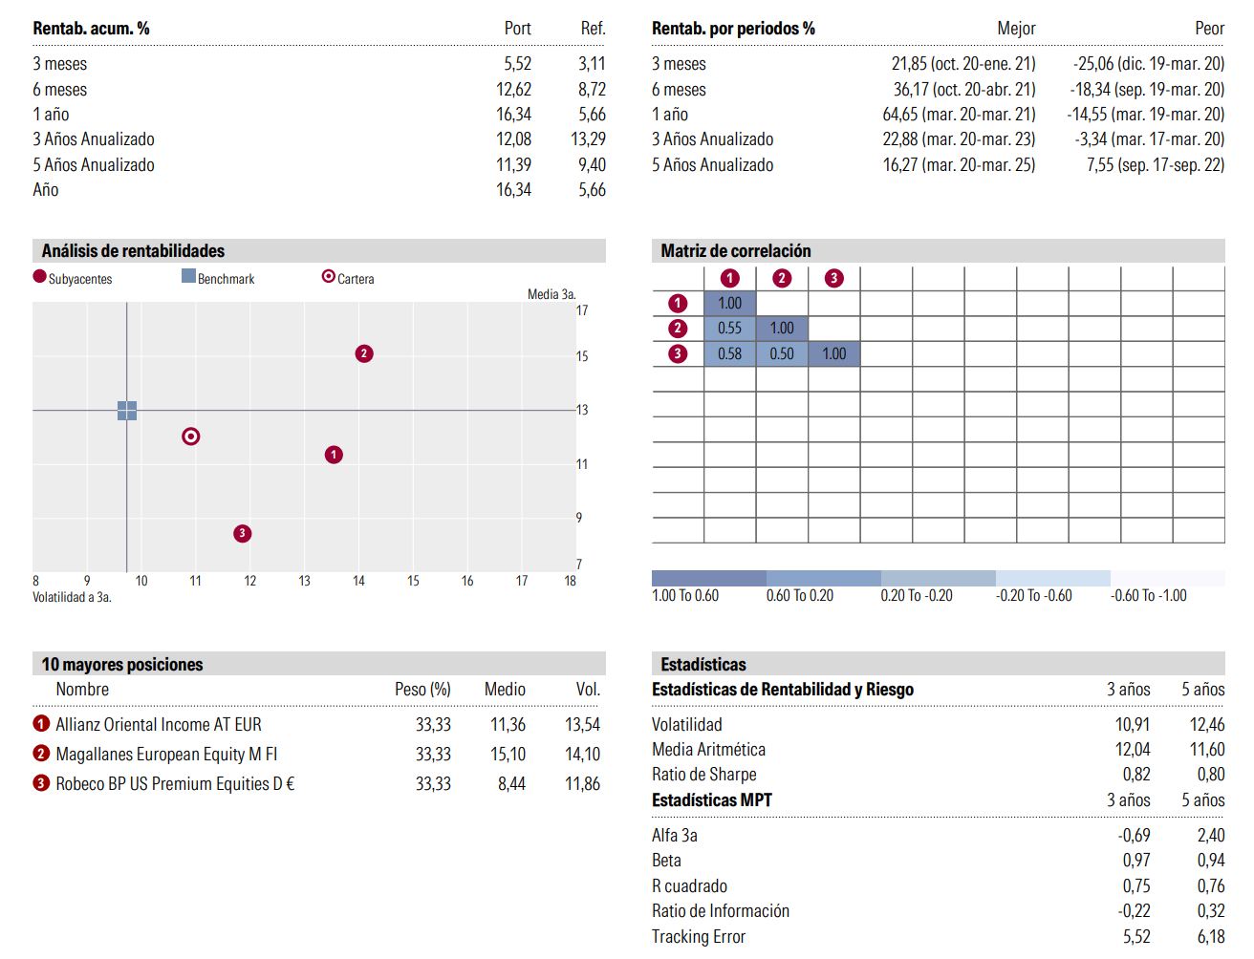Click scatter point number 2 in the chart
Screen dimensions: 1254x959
364,354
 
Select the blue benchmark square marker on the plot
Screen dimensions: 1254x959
127,411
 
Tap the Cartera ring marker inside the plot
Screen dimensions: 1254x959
191,437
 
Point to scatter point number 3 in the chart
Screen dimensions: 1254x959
242,533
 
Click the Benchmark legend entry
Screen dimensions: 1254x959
218,277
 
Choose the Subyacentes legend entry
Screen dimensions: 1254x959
73,277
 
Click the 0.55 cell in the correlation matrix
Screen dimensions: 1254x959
729,329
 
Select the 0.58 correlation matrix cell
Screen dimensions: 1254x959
729,354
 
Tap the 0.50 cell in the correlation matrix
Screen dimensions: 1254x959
782,354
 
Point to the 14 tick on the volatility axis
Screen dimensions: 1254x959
358,581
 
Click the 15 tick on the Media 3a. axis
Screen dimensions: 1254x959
581,356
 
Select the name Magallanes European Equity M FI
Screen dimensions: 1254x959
166,754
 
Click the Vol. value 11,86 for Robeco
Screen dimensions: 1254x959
582,784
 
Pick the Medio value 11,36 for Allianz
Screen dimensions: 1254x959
508,724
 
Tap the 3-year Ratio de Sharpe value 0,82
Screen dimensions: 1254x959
1136,774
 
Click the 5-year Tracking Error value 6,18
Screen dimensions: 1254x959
1211,936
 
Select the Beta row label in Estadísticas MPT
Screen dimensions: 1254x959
666,860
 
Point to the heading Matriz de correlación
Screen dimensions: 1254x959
736,250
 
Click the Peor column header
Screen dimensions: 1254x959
1209,28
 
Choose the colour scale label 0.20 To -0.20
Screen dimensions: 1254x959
917,595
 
